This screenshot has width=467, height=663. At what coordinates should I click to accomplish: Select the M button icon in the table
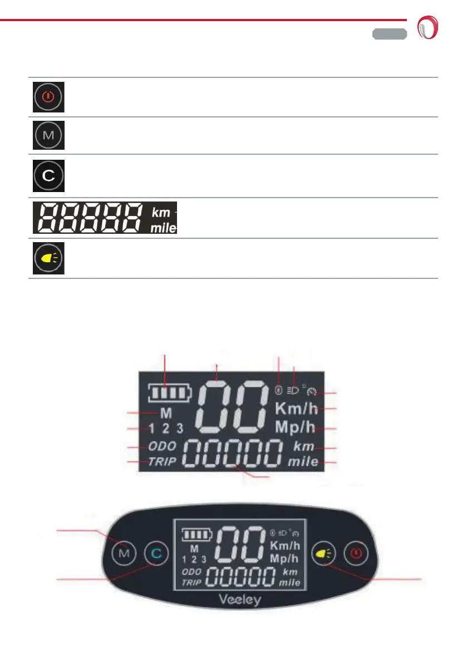tap(48, 135)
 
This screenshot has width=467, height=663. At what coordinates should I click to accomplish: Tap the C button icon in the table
tap(48, 176)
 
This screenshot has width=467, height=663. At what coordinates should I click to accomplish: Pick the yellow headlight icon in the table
tap(48, 259)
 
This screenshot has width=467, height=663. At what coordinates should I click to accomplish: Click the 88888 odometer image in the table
tap(104, 218)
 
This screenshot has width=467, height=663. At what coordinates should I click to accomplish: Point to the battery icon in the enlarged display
tap(169, 392)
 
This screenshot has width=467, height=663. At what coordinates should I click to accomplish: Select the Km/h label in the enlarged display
tap(296, 409)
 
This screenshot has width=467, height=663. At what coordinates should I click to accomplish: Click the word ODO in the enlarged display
tap(162, 446)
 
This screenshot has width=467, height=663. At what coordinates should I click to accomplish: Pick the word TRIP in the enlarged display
tap(162, 461)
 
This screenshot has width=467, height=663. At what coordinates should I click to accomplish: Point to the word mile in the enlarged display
tap(303, 461)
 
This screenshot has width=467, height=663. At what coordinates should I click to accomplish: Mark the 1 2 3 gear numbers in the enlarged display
tap(166, 429)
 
